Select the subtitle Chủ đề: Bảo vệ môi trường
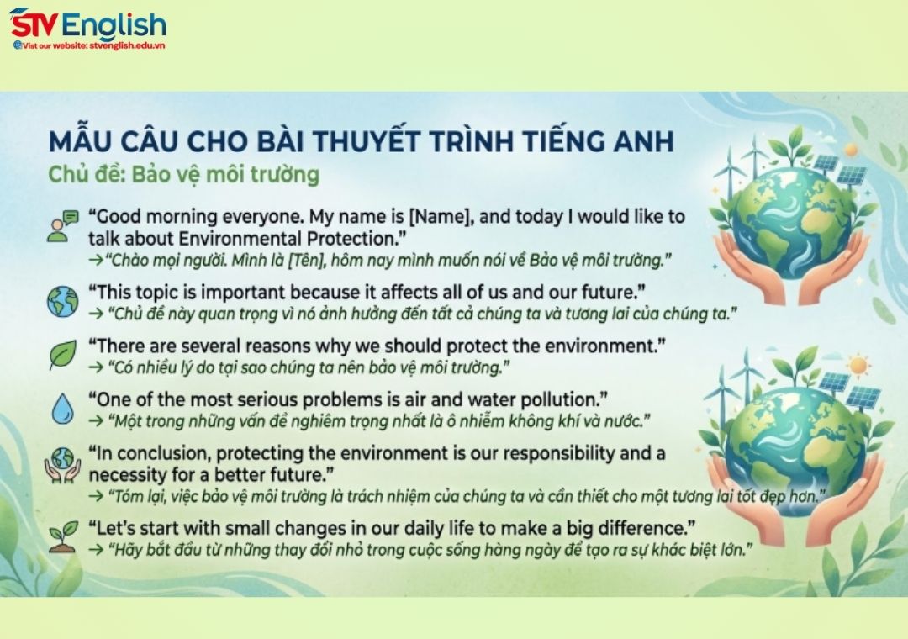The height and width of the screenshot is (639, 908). tap(183, 174)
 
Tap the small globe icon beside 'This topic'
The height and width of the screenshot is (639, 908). tap(62, 300)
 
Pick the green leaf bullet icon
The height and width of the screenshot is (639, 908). tap(62, 354)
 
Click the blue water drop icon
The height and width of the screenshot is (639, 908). tap(62, 408)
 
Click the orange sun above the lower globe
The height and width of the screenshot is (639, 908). tap(858, 366)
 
